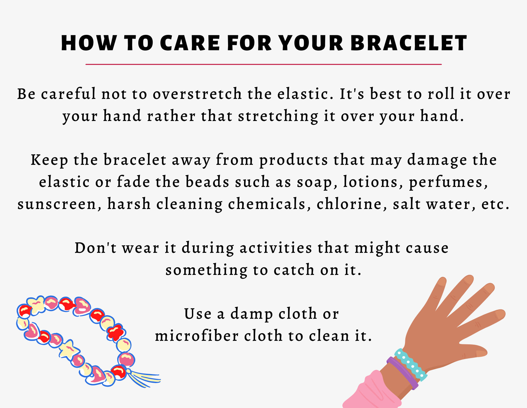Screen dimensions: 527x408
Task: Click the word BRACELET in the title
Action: click(x=409, y=43)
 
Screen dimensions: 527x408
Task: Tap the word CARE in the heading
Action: click(x=190, y=43)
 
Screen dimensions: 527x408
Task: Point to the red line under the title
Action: click(x=263, y=64)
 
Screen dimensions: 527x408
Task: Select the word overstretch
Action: click(x=197, y=94)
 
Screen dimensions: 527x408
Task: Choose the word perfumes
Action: click(x=448, y=183)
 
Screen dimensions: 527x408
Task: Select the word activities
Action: click(x=276, y=248)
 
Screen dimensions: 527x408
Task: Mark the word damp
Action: click(x=252, y=315)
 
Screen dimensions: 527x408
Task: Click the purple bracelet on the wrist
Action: click(x=402, y=374)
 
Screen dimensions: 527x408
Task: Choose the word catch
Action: click(x=294, y=270)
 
